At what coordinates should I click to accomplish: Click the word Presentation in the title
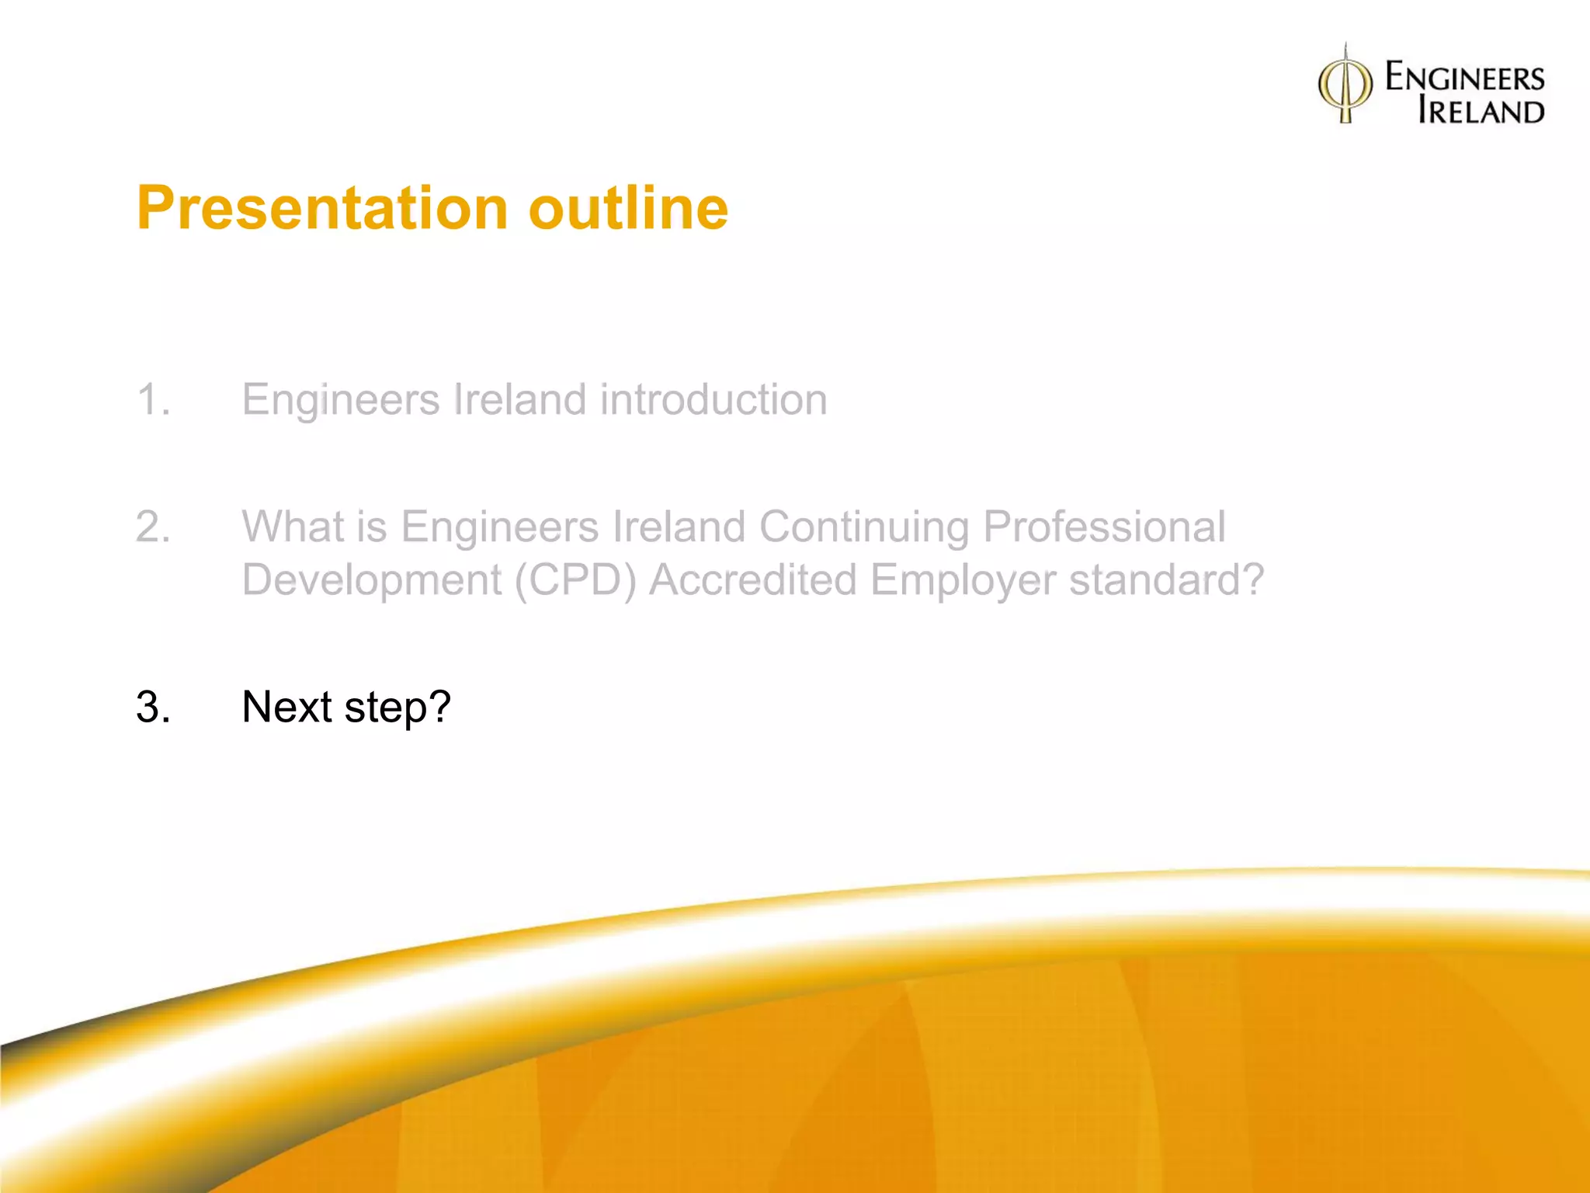(322, 208)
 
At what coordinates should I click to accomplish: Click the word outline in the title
(628, 208)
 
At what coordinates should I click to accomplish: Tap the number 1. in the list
(153, 399)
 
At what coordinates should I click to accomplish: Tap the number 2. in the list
(153, 527)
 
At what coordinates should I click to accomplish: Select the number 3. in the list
(153, 707)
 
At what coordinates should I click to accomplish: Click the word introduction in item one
(713, 399)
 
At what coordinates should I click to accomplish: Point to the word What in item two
(293, 527)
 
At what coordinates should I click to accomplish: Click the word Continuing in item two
(863, 527)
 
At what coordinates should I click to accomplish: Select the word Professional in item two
(1104, 527)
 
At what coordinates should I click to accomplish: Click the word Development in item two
(372, 580)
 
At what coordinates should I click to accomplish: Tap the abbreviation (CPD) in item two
(575, 580)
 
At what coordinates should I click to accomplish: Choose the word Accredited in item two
(752, 580)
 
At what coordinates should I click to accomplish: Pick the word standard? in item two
(1166, 580)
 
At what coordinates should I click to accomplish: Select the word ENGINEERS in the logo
(1465, 78)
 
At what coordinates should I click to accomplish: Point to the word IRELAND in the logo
(1481, 111)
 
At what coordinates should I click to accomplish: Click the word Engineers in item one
(341, 401)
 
